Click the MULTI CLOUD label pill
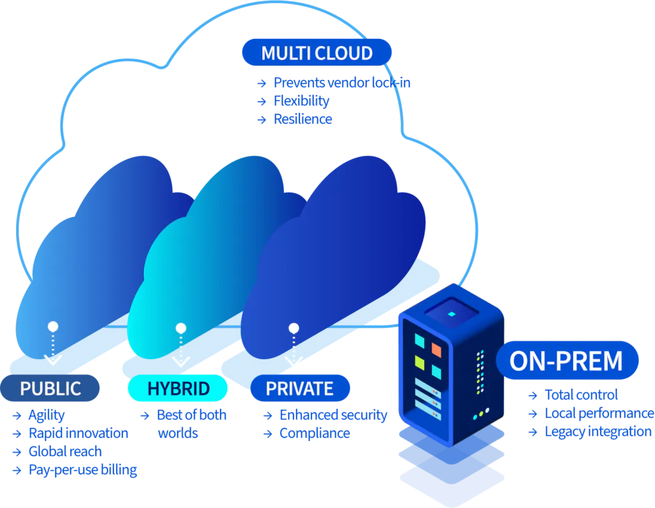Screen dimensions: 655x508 [x=317, y=52]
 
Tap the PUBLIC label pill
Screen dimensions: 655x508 [x=50, y=389]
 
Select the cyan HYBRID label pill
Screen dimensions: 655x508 [x=178, y=389]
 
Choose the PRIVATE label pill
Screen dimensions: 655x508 [x=300, y=389]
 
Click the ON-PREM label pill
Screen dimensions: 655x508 [x=567, y=360]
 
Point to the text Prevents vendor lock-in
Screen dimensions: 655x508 [x=342, y=82]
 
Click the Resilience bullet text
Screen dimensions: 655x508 [x=303, y=119]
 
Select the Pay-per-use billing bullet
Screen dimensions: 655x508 [x=83, y=470]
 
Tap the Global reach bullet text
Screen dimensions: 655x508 [x=65, y=451]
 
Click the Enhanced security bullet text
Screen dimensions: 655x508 [x=333, y=415]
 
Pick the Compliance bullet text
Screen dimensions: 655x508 [x=315, y=433]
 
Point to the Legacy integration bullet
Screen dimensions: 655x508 [x=598, y=431]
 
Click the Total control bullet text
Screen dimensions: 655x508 [x=581, y=395]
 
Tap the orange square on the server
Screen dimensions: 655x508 [x=436, y=350]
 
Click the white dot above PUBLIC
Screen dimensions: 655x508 [x=53, y=327]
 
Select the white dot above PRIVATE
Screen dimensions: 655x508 [x=294, y=328]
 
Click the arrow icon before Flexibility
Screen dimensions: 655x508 [x=262, y=102]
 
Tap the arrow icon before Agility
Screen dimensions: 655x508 [x=17, y=416]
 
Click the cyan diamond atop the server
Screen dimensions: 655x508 [x=452, y=314]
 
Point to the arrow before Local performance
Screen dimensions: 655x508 [x=533, y=413]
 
